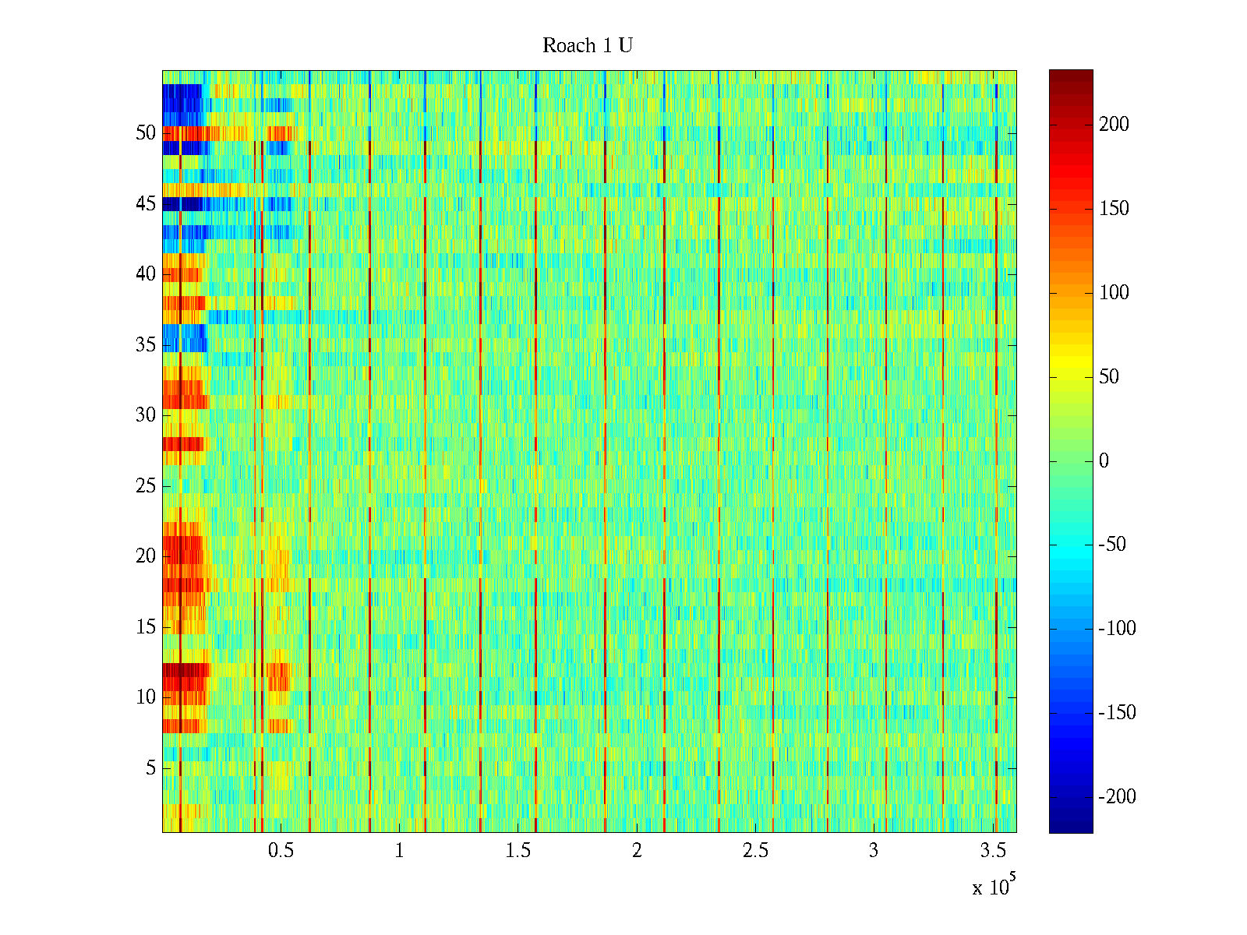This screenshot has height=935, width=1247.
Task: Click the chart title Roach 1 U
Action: tap(588, 46)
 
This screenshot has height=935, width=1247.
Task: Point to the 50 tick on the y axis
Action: tap(146, 132)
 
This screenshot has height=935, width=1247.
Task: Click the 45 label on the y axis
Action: tap(146, 203)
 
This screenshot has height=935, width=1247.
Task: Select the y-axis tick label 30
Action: tap(146, 415)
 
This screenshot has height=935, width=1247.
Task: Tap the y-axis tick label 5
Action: tap(150, 768)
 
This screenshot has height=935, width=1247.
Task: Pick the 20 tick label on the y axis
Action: tap(146, 556)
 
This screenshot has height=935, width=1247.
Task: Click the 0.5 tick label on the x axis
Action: tap(281, 851)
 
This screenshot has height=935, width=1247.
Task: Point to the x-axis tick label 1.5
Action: tap(518, 851)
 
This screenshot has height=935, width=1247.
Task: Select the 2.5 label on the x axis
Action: tap(755, 851)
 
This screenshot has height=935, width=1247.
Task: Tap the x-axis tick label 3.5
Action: tap(993, 851)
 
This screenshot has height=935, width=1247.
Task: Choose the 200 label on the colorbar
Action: tap(1114, 125)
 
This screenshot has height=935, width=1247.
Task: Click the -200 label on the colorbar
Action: tap(1117, 796)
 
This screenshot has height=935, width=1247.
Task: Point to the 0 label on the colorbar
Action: tap(1104, 460)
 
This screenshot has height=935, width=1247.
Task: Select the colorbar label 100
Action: tap(1114, 293)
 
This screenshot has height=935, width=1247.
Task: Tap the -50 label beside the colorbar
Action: tap(1112, 545)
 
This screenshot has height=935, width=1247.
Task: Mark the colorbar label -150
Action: tap(1117, 712)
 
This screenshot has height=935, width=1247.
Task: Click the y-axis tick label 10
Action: tap(146, 697)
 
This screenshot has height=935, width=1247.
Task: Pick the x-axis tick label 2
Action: tap(637, 851)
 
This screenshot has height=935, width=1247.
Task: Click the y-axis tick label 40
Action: tap(146, 273)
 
